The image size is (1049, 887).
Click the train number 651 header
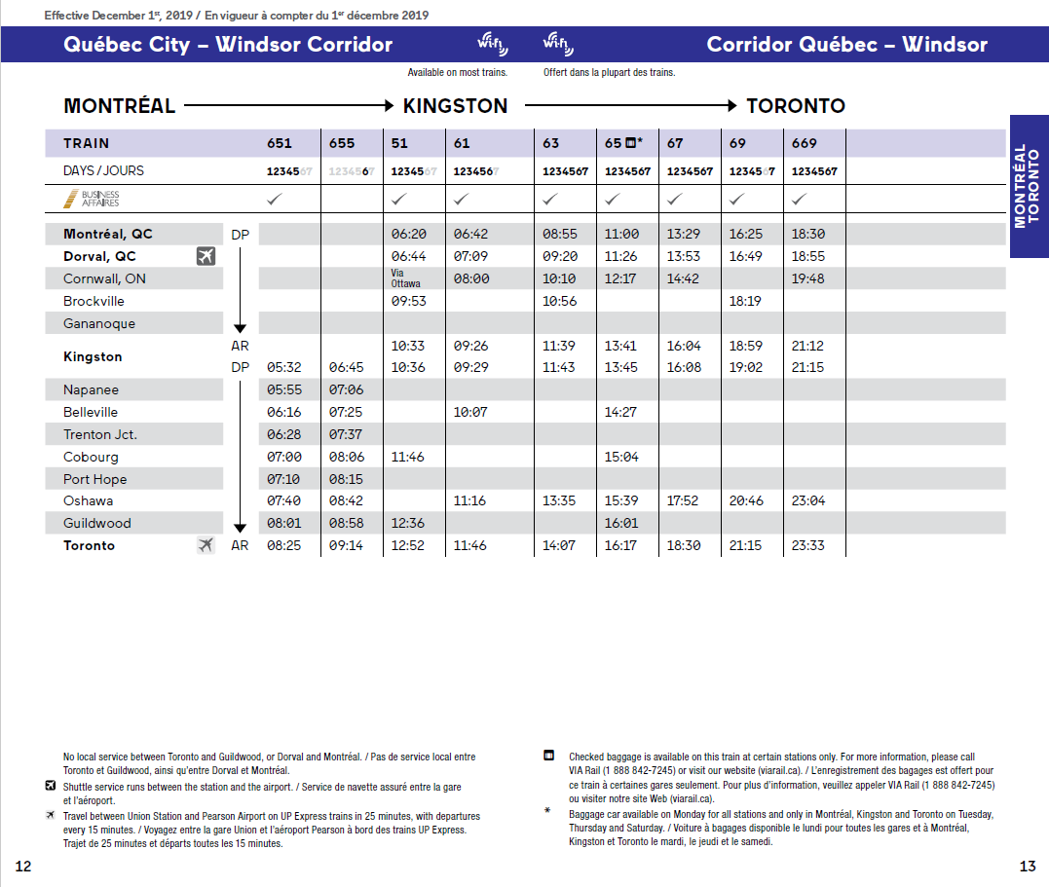coord(280,143)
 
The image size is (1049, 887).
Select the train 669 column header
coord(804,143)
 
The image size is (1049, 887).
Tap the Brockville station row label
coord(94,301)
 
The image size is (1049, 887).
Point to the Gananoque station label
coord(99,323)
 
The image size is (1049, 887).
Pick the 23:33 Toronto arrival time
coord(807,546)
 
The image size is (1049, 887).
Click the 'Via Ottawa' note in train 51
coord(406,278)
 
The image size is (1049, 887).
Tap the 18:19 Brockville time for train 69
coord(745,302)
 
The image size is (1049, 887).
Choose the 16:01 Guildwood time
coord(620,524)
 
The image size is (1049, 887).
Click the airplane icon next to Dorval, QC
coord(205,256)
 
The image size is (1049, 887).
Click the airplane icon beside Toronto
coord(205,545)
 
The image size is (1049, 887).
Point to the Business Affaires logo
coord(92,199)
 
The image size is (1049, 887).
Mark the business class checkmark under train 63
coord(550,199)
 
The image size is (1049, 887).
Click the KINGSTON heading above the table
coord(455,106)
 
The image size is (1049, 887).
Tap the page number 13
coord(1028,867)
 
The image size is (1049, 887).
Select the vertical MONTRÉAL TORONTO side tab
coord(1028,186)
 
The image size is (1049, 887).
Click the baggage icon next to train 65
coord(630,143)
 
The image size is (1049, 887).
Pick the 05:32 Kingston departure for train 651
coord(283,368)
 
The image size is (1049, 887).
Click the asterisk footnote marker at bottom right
coord(547,810)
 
